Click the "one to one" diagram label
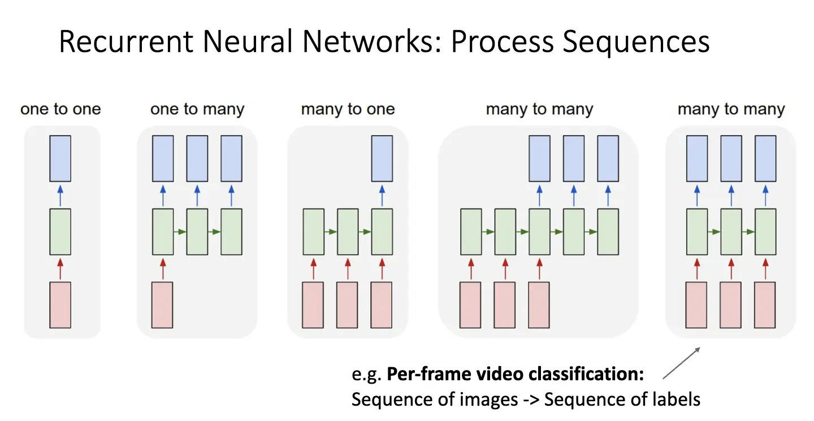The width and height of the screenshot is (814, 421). [x=60, y=109]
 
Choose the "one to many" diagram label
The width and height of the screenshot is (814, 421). [x=197, y=109]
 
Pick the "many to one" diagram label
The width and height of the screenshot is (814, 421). [x=348, y=109]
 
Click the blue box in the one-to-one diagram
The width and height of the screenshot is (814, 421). [x=60, y=158]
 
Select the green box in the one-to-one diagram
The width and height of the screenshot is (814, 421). [x=60, y=231]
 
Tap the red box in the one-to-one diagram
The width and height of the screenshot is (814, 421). [x=60, y=304]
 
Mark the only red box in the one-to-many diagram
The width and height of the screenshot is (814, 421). [x=163, y=304]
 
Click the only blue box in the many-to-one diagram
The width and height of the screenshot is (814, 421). [x=382, y=158]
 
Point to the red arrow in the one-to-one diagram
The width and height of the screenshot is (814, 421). [x=60, y=268]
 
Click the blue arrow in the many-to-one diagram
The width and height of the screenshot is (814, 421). [x=382, y=195]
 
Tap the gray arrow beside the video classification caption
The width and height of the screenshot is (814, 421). [x=681, y=363]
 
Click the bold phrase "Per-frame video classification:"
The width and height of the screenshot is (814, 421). [x=516, y=375]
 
